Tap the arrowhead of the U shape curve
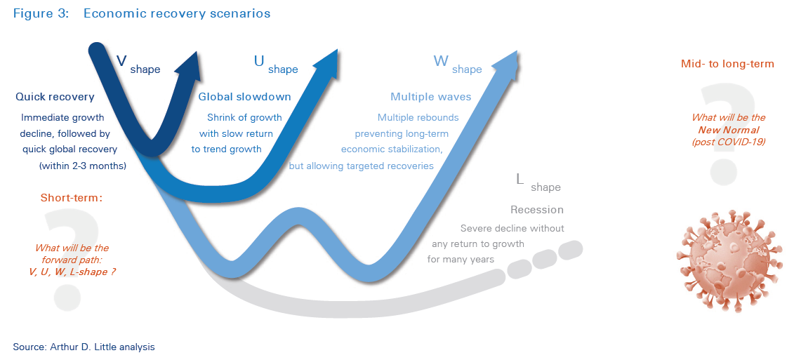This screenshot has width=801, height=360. click(x=329, y=61)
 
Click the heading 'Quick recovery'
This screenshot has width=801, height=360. click(x=55, y=98)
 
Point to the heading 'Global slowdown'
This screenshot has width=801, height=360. click(x=244, y=98)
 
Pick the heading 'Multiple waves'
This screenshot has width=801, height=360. click(x=431, y=98)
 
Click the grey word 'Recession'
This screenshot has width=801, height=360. click(x=537, y=210)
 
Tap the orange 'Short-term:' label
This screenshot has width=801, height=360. click(x=72, y=198)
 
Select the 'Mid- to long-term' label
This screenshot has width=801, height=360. click(x=727, y=64)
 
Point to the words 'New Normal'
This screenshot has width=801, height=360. click(x=728, y=131)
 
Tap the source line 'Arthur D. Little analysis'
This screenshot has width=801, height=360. click(x=100, y=347)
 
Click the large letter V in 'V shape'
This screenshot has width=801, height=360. click(x=121, y=61)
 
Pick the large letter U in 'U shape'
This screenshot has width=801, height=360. click(x=259, y=61)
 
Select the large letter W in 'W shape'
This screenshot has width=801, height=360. click(x=441, y=61)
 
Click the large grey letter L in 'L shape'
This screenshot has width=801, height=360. click(x=519, y=179)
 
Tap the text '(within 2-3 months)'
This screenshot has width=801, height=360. click(x=82, y=166)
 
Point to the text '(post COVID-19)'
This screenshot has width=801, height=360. click(x=729, y=142)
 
